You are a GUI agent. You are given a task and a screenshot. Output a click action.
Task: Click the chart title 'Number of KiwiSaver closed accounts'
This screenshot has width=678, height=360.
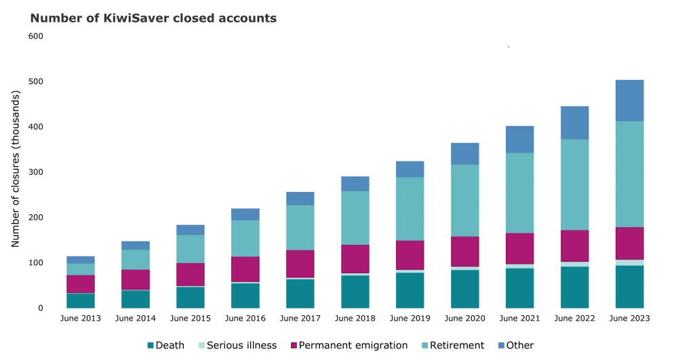(153, 18)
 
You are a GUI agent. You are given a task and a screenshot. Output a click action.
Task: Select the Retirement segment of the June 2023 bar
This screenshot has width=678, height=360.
(629, 174)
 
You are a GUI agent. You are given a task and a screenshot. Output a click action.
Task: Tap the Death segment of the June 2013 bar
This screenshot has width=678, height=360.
(81, 300)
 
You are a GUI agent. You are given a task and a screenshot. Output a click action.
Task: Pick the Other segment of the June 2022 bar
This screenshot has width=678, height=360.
(574, 123)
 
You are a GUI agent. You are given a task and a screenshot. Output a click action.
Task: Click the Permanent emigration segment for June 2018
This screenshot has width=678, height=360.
(355, 259)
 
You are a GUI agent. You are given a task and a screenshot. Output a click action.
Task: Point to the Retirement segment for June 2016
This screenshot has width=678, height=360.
(245, 239)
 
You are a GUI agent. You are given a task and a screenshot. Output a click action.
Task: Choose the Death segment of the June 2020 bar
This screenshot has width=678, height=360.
(464, 289)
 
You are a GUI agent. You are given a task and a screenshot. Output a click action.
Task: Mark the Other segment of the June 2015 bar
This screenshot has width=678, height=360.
(190, 230)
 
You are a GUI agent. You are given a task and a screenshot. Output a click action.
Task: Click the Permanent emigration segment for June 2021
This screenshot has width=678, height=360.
(519, 249)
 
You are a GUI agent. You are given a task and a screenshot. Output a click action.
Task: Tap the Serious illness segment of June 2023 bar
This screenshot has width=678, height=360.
(629, 262)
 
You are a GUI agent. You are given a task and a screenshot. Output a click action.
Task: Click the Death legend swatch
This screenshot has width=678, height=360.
(151, 346)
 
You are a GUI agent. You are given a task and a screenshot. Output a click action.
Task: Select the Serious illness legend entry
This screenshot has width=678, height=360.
(237, 346)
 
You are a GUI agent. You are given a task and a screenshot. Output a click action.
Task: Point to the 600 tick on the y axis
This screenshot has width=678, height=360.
(36, 36)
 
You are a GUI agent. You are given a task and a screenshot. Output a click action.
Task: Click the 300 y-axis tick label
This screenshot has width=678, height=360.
(36, 172)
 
